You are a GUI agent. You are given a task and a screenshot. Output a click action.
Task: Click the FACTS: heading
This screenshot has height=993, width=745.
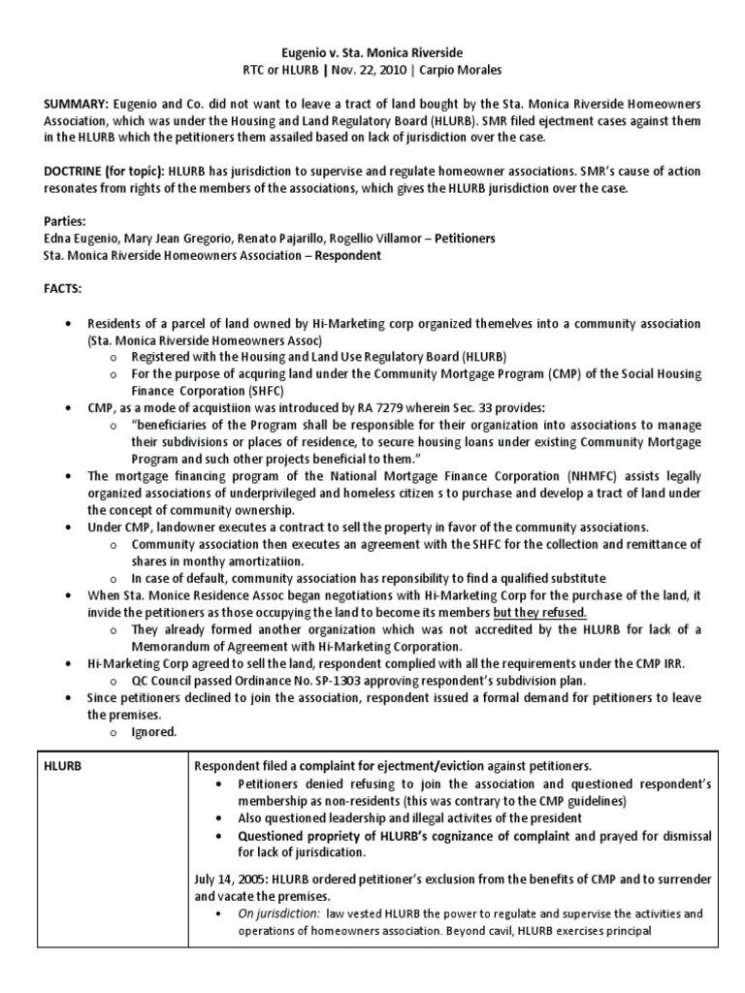(x=37, y=288)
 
